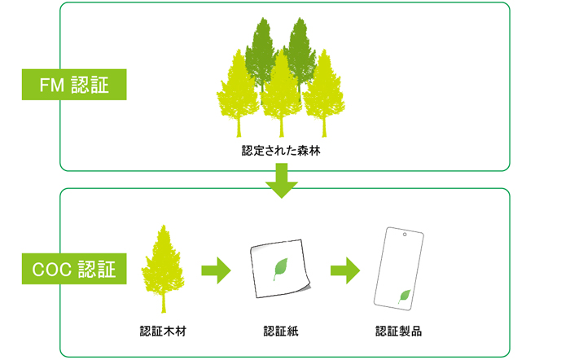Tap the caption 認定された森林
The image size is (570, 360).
(281, 151)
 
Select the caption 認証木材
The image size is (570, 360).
(164, 331)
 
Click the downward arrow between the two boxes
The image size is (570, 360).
(282, 181)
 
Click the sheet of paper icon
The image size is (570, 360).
(279, 269)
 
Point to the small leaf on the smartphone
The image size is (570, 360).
(404, 296)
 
